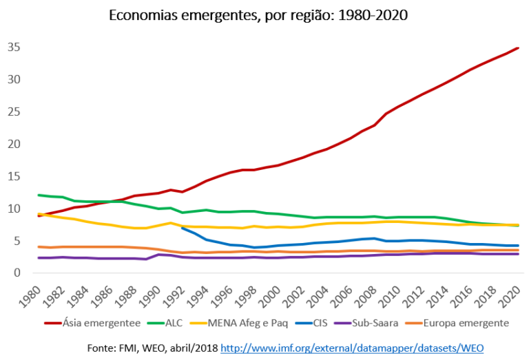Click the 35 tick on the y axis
[15, 47]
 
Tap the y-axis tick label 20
[15, 144]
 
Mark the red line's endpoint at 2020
[518, 48]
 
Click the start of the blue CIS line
[182, 228]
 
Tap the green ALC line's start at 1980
[39, 195]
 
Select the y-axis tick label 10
[15, 209]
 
